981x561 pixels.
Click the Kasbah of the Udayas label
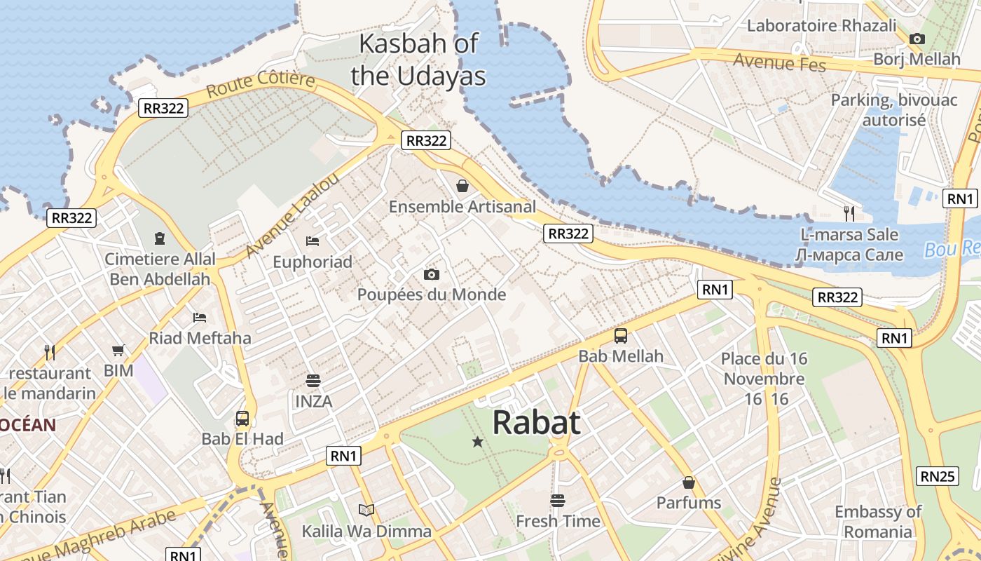(418, 60)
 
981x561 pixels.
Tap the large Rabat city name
(536, 423)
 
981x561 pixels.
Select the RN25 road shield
(938, 476)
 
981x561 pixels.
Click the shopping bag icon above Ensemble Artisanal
(462, 186)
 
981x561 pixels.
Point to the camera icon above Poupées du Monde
(432, 274)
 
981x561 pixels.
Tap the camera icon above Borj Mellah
(917, 39)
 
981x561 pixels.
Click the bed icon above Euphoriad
(313, 241)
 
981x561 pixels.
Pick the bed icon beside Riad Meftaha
(200, 317)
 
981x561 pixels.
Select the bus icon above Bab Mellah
(621, 335)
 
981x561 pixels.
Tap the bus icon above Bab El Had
(242, 419)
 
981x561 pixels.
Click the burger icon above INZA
(313, 381)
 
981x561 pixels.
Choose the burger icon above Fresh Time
(558, 501)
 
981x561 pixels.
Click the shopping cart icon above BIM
(118, 350)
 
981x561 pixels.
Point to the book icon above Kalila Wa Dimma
(366, 510)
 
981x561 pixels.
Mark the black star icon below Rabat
(478, 442)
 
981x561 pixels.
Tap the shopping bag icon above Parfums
(689, 482)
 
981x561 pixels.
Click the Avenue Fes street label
(779, 62)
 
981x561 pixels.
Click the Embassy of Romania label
(877, 521)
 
